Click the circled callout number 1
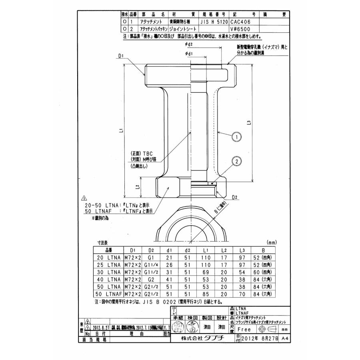237,137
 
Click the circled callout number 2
236,162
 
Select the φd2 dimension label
189,44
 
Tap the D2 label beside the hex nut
235,197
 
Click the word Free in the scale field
244,329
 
